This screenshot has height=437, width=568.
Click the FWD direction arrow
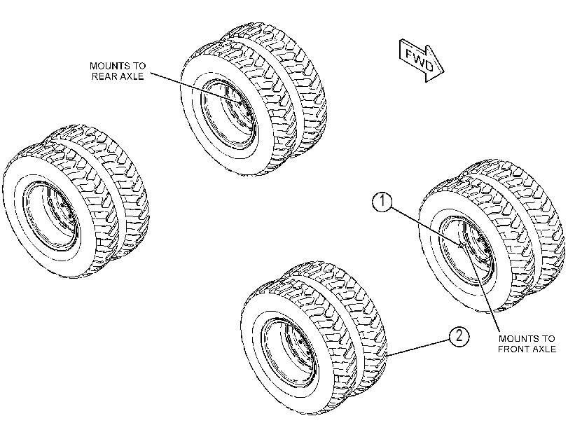tap(421, 60)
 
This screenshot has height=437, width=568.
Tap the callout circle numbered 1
tap(382, 202)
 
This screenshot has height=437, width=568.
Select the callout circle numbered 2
tap(459, 336)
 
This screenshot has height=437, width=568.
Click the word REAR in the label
tap(103, 76)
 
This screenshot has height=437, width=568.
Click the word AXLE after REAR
tap(130, 76)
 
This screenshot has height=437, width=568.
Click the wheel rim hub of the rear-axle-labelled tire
tap(229, 114)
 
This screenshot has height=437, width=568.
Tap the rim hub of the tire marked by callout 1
tap(467, 251)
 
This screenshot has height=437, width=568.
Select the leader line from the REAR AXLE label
tap(195, 88)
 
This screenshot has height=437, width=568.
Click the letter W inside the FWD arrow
tap(420, 60)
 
